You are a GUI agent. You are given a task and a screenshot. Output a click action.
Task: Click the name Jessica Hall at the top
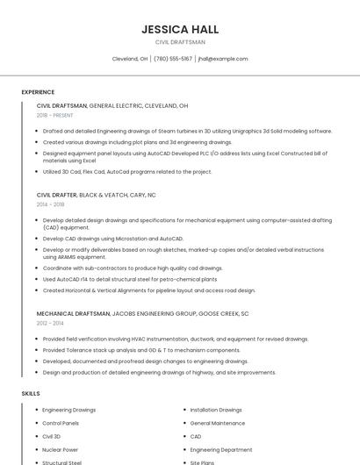pyautogui.click(x=180, y=29)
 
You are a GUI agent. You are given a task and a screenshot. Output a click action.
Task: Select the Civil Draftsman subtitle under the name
pyautogui.click(x=180, y=42)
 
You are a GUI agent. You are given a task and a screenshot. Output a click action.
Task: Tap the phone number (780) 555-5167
pyautogui.click(x=173, y=59)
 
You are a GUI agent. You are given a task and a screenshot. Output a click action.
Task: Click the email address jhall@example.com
pyautogui.click(x=223, y=59)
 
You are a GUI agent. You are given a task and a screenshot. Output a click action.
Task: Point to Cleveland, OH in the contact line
pyautogui.click(x=130, y=59)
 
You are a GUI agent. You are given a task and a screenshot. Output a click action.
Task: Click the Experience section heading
pyautogui.click(x=38, y=92)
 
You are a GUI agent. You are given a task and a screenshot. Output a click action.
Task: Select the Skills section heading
pyautogui.click(x=31, y=394)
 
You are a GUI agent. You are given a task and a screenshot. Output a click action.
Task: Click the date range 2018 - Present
pyautogui.click(x=55, y=115)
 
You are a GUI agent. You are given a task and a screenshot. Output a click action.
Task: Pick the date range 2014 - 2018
pyautogui.click(x=50, y=204)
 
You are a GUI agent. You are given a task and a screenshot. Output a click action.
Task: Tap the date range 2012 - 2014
pyautogui.click(x=50, y=323)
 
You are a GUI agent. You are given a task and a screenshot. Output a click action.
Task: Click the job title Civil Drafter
pyautogui.click(x=56, y=195)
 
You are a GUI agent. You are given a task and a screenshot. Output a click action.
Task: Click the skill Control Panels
pyautogui.click(x=61, y=423)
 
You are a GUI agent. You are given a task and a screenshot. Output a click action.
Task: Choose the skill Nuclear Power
pyautogui.click(x=60, y=449)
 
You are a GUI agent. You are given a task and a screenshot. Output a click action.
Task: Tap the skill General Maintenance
pyautogui.click(x=218, y=423)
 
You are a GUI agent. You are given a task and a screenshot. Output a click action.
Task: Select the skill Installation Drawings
pyautogui.click(x=216, y=410)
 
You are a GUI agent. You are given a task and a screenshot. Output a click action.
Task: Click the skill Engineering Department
pyautogui.click(x=220, y=449)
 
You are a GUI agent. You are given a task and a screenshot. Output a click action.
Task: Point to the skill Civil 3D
pyautogui.click(x=52, y=436)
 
